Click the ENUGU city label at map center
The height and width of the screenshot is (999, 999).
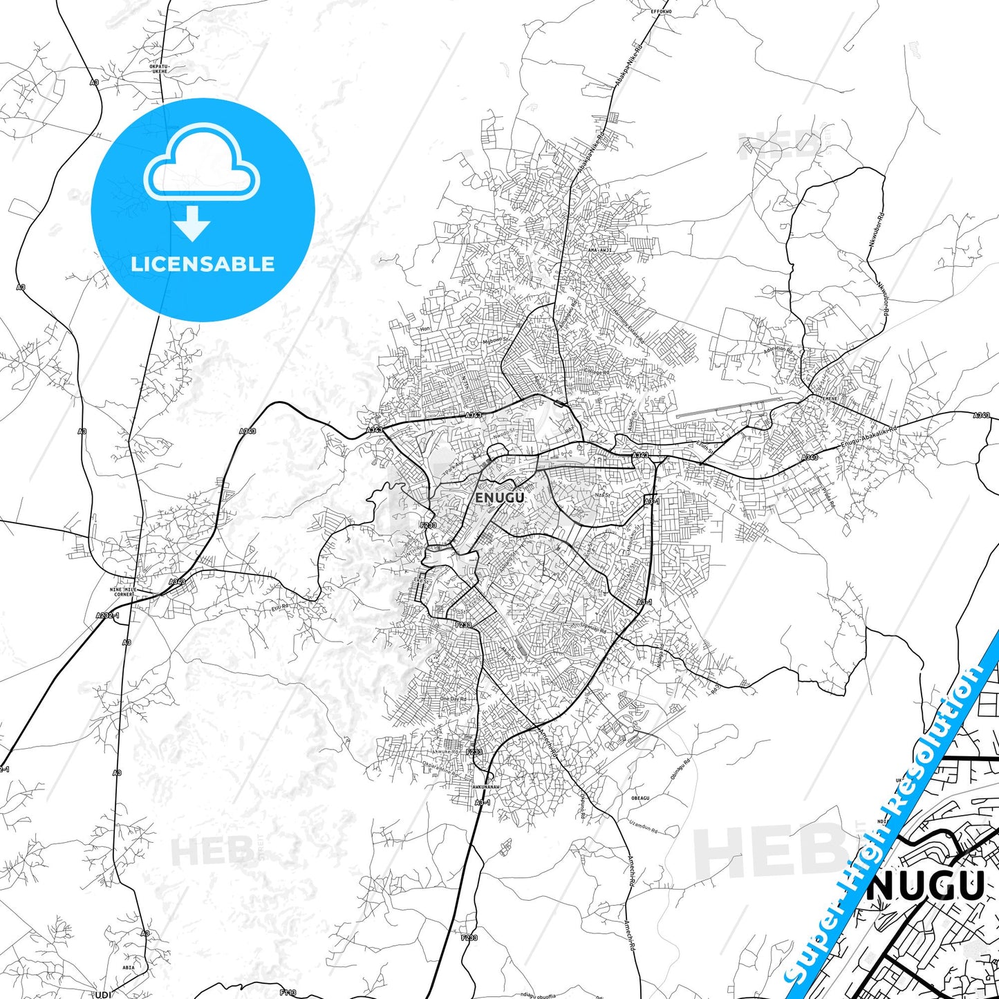point(499,497)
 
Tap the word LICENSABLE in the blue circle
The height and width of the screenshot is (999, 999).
point(203,264)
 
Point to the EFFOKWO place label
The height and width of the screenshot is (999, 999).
point(661,12)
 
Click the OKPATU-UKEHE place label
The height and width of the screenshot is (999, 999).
point(158,68)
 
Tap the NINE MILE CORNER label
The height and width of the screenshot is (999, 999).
point(122,592)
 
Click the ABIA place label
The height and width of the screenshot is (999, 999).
point(129,967)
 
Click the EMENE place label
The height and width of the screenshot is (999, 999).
point(828,399)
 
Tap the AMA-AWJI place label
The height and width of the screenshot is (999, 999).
point(599,250)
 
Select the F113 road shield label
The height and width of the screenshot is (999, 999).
point(288,993)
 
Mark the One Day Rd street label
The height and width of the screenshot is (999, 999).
point(454,698)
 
